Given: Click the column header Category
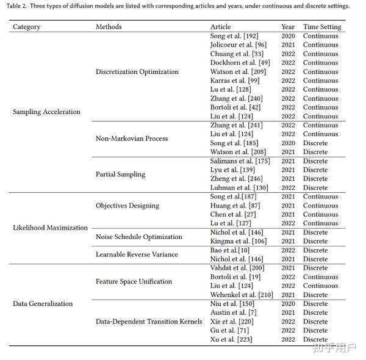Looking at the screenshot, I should (x=27, y=27).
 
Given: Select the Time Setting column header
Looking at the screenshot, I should (x=322, y=27).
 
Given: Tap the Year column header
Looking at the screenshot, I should (x=288, y=27).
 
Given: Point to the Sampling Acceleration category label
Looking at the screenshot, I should (x=46, y=112).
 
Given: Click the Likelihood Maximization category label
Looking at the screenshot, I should (x=51, y=228).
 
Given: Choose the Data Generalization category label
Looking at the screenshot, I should (x=43, y=303).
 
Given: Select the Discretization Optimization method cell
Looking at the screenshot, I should (x=137, y=71).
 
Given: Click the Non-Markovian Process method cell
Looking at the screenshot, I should (x=132, y=139).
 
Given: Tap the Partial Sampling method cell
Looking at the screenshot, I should (x=121, y=174).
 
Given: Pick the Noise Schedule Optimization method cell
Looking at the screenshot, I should (x=139, y=237).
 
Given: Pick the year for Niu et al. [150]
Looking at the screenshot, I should (x=288, y=303).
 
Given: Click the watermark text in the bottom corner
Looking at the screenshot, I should (x=335, y=349).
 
